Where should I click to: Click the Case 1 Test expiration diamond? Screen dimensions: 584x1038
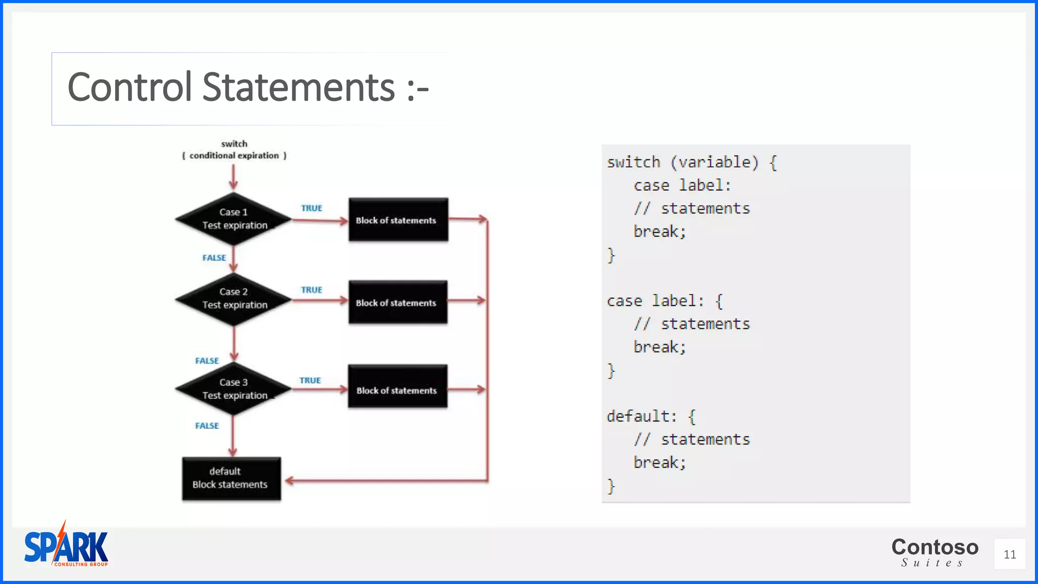click(234, 219)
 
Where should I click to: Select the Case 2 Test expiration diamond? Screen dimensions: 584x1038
click(234, 299)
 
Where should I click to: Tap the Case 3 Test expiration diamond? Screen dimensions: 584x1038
click(234, 389)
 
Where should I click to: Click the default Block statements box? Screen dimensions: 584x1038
click(231, 479)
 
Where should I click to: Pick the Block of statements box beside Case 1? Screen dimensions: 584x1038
click(398, 220)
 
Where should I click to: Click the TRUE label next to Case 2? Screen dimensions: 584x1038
click(311, 290)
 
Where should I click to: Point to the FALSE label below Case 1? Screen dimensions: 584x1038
click(214, 258)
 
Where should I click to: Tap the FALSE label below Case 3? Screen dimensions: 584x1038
click(207, 426)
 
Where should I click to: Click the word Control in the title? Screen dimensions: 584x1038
click(130, 87)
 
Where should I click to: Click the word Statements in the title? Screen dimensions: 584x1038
click(298, 87)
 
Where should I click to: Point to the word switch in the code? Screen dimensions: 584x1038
click(634, 162)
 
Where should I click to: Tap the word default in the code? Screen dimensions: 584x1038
click(638, 416)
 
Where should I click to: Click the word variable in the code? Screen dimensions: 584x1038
click(715, 162)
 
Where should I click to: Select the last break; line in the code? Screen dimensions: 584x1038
click(659, 462)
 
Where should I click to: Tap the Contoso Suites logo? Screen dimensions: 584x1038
click(935, 552)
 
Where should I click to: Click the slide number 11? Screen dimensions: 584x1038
click(1010, 555)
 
